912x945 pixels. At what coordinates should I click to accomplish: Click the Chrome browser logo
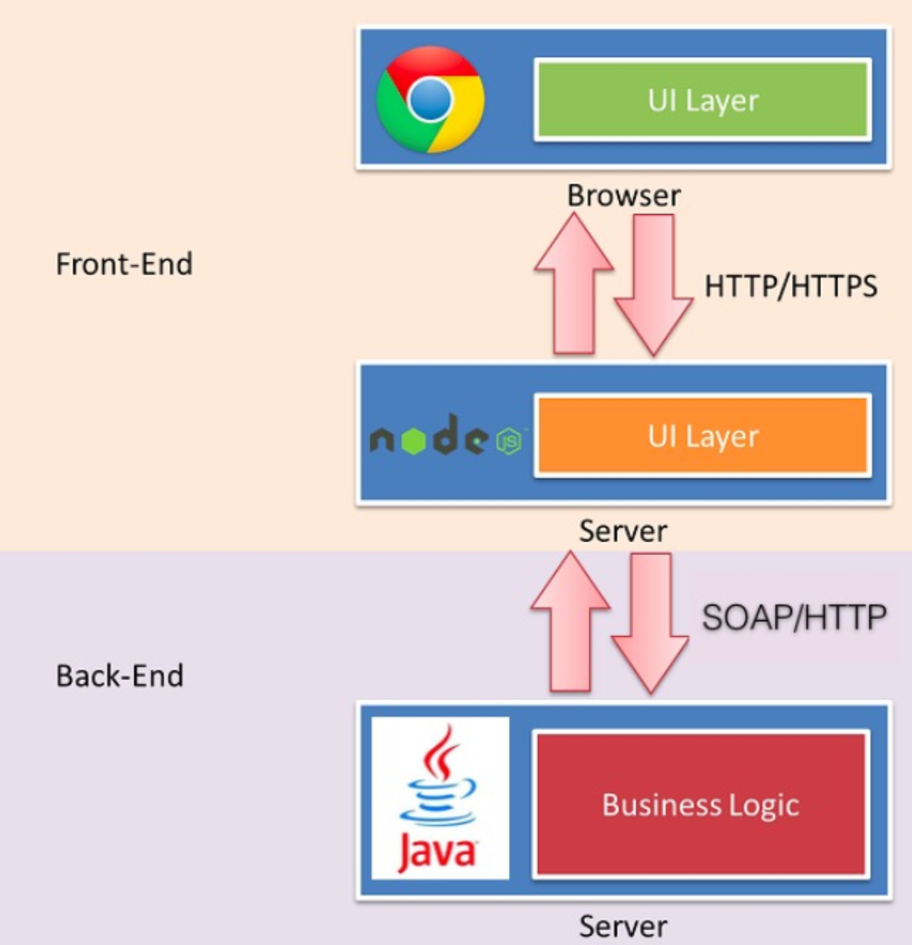(x=430, y=100)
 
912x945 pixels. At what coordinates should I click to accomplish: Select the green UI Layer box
(x=702, y=100)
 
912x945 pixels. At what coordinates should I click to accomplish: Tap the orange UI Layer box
(x=702, y=436)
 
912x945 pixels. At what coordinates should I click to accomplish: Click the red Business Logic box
(x=701, y=804)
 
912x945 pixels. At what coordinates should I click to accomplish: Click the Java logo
(x=440, y=798)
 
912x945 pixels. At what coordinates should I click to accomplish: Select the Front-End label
(x=124, y=264)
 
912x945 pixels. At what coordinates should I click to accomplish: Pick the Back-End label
(x=120, y=676)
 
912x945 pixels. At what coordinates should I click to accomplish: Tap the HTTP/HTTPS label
(x=791, y=286)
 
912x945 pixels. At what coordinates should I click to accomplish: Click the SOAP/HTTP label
(x=794, y=618)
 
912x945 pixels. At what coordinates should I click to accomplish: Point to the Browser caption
(x=624, y=196)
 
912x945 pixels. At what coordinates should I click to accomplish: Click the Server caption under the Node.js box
(x=623, y=531)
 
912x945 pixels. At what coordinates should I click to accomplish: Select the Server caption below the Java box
(x=623, y=926)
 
